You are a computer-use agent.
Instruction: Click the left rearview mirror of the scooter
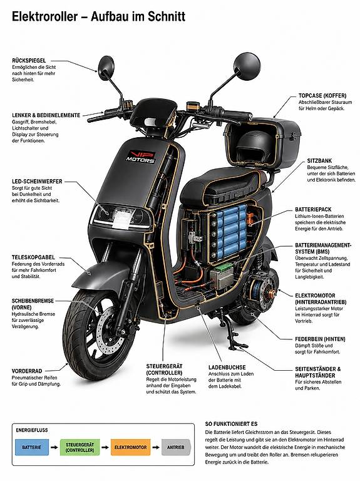point(106,68)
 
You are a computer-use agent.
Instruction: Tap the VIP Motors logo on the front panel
point(141,157)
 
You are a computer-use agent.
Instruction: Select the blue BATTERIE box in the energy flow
point(32,447)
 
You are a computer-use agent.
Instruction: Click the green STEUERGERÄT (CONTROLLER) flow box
point(80,447)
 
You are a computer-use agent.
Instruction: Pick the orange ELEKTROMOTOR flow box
point(131,447)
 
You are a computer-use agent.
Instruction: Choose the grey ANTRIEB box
point(176,447)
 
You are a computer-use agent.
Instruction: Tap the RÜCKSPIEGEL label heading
point(29,61)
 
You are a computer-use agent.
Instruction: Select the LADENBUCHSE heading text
point(227,367)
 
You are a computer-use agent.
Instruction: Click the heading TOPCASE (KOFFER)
point(322,96)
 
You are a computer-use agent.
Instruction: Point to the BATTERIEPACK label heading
point(313,210)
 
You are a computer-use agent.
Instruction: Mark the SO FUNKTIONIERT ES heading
point(231,423)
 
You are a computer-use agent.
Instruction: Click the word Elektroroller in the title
point(45,16)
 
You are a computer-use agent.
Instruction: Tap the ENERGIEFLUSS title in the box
point(32,430)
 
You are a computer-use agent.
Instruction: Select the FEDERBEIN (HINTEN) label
point(320,339)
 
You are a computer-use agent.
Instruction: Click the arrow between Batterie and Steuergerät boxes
point(54,447)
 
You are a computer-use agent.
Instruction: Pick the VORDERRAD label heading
point(27,371)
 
